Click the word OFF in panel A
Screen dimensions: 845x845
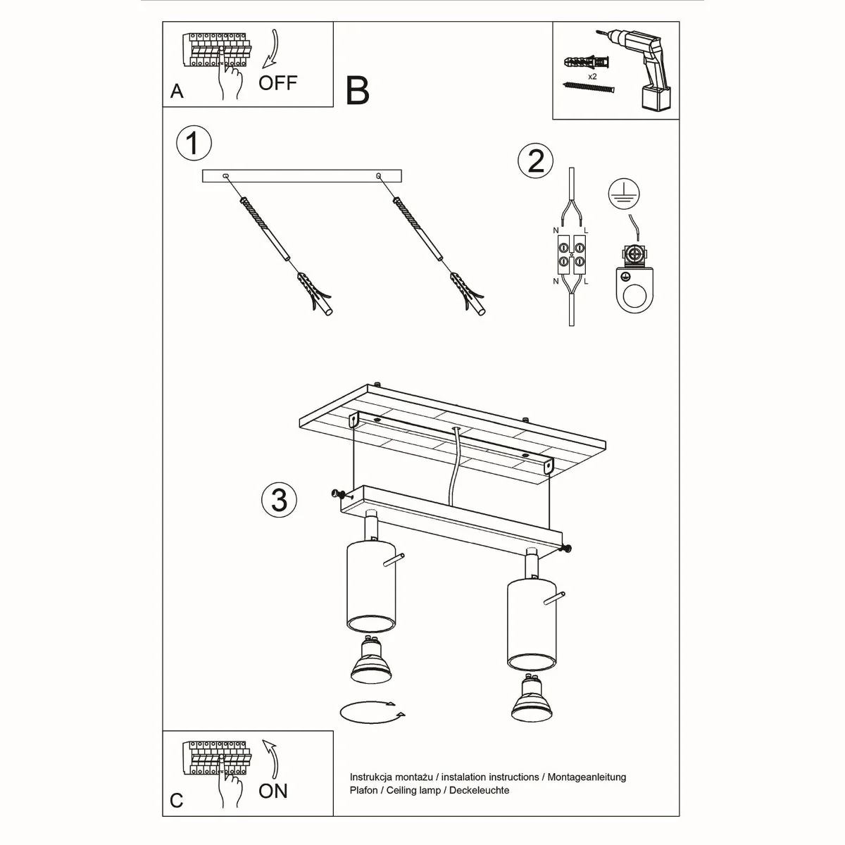277,83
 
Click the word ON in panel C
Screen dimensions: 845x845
273,791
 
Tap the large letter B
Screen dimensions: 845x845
358,91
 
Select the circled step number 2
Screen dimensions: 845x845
535,161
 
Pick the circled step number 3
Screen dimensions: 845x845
279,500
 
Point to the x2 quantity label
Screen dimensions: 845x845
592,75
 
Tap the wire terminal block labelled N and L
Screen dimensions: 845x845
572,254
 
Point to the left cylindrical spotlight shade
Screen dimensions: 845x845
371,585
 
